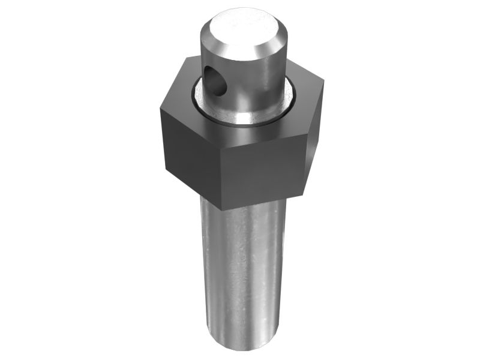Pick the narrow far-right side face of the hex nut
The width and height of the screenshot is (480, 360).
click(315, 138)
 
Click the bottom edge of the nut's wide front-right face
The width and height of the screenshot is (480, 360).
click(264, 203)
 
